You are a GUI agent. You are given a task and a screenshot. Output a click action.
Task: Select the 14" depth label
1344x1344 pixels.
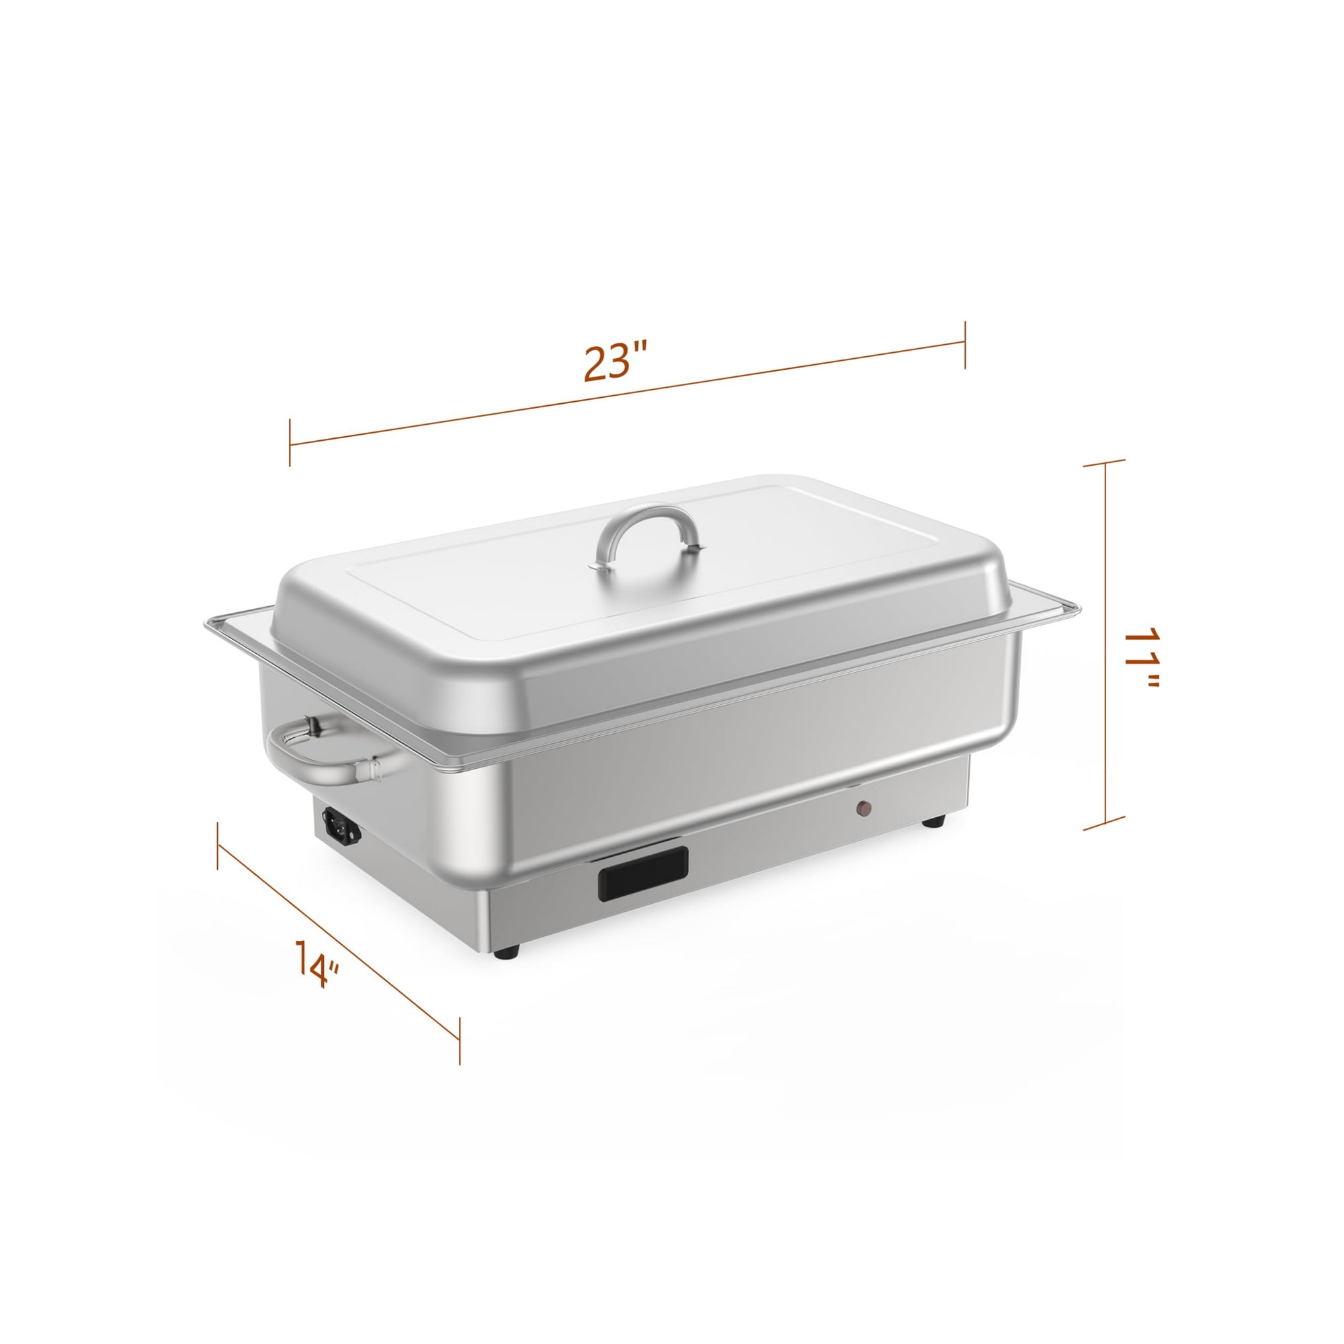[x=316, y=964]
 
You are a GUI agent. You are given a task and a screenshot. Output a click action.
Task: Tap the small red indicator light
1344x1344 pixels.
[x=864, y=808]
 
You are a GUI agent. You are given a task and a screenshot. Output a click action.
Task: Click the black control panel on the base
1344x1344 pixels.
[x=643, y=874]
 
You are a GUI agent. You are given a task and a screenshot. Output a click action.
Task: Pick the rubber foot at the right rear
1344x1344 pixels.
[x=933, y=823]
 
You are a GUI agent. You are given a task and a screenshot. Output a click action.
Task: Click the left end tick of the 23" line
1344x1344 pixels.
[x=290, y=442]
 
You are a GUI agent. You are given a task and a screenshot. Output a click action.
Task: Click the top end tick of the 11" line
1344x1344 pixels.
[x=1105, y=462]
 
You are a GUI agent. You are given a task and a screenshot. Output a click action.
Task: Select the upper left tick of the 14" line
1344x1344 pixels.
[x=218, y=845]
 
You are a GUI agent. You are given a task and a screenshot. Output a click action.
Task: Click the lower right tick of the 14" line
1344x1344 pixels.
[x=459, y=1040]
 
